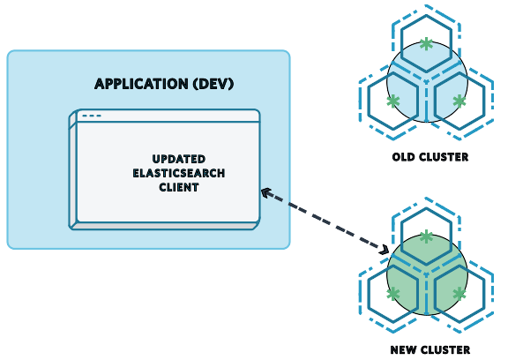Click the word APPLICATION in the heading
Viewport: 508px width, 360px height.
pos(135,85)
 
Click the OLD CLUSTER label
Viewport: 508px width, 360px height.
pos(430,157)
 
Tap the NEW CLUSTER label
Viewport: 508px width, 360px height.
pos(430,349)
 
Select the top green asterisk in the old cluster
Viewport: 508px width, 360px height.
pos(427,43)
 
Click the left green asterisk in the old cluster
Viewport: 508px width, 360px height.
pos(393,101)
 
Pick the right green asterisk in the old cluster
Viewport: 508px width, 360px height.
pos(459,101)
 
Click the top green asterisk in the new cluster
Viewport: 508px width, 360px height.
pos(427,236)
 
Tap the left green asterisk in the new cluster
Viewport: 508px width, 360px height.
pos(393,294)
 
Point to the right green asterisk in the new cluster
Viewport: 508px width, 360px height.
pos(459,294)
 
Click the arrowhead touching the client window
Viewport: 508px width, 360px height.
pos(265,191)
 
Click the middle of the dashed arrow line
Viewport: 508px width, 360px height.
pos(325,221)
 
